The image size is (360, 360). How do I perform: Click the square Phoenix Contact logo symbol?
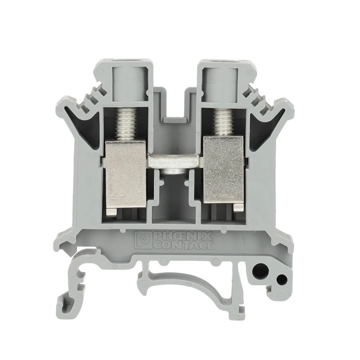[143, 240]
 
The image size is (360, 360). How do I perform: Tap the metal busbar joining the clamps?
[175, 161]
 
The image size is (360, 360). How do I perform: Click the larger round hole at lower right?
[261, 272]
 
